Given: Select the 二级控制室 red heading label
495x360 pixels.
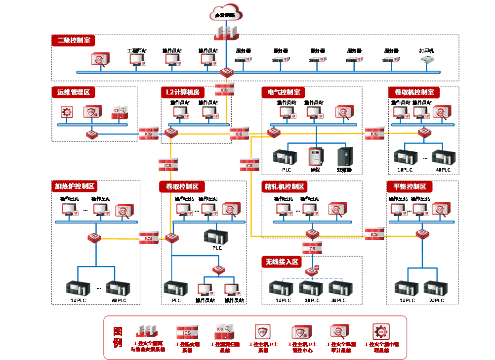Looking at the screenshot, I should click(73, 41).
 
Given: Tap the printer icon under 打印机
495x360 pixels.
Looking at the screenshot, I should click(426, 60).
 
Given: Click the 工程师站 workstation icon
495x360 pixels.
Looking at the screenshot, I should click(136, 60).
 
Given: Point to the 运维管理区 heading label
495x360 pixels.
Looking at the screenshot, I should click(73, 92).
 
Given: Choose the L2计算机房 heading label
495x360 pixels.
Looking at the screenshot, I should click(182, 92).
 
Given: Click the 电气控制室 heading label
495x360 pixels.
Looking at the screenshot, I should click(283, 92).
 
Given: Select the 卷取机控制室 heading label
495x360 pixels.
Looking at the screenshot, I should click(413, 92).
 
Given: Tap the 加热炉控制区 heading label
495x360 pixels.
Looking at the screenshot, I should click(75, 186).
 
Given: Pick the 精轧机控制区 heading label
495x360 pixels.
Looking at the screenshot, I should click(285, 186).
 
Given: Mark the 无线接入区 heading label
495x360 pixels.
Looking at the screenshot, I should click(281, 262).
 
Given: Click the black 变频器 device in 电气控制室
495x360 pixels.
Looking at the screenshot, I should click(345, 157).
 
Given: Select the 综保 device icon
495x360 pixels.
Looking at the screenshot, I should click(315, 157).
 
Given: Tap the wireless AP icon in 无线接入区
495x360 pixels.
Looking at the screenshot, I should click(312, 270).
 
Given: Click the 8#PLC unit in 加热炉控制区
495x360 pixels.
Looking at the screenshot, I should click(118, 289).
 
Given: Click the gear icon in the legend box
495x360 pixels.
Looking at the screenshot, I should click(380, 331).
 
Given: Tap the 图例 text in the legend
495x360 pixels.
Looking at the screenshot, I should click(117, 337).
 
